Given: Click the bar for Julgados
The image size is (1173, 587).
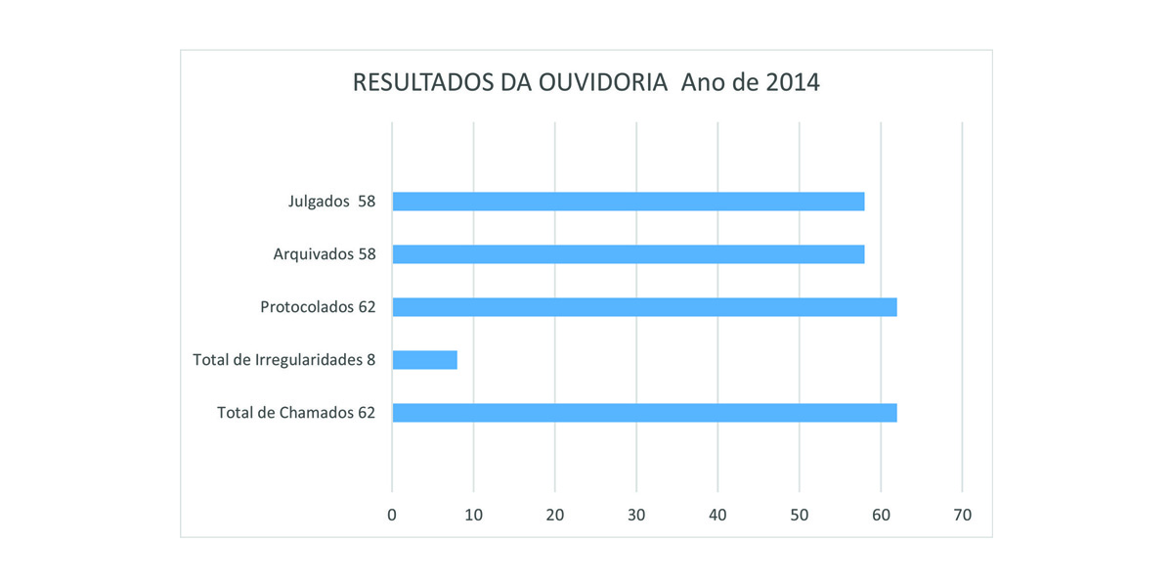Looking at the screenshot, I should tap(628, 202).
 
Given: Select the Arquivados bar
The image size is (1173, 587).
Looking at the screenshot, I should tap(628, 254).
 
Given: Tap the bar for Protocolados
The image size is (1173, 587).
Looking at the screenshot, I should tap(644, 307).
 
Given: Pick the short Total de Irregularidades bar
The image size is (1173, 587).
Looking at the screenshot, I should tap(424, 360).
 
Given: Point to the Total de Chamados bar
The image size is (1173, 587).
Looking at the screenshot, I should tap(644, 413).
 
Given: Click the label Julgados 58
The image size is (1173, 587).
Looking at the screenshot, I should tap(331, 202).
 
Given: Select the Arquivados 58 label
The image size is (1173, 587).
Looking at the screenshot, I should tap(324, 254).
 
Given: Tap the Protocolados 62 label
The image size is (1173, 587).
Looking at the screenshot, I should tap(318, 307).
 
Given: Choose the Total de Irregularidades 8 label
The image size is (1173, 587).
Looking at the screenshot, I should tap(284, 360).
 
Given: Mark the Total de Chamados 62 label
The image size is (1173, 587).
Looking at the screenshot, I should tap(296, 413).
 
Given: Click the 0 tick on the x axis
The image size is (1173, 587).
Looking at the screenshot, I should tap(392, 515).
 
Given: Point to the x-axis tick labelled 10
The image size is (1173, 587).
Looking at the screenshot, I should tap(473, 515).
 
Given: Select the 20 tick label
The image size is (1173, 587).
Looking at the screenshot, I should tap(554, 515).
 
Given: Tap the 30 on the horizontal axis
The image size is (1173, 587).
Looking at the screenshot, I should tap(636, 515).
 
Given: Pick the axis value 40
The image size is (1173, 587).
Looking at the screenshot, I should tap(717, 515).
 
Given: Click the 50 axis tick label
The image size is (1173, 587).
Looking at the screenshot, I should tap(800, 515).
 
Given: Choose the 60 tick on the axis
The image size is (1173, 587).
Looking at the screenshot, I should tap(881, 515).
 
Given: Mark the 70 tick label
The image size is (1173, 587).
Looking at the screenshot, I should tap(963, 515).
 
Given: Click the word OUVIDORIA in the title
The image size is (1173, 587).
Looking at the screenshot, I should tap(602, 83).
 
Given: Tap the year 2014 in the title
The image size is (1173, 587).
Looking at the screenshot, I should tap(792, 83).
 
